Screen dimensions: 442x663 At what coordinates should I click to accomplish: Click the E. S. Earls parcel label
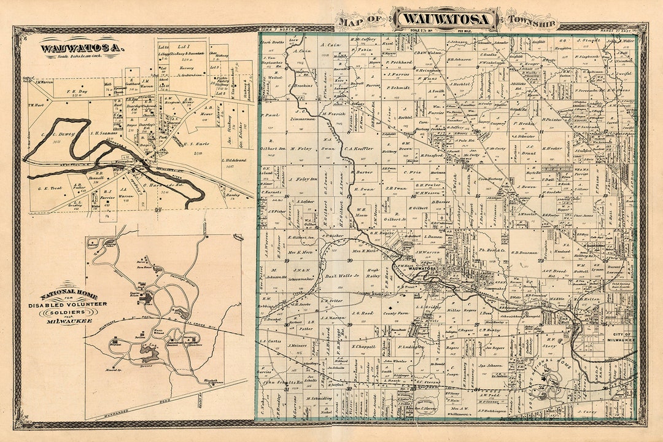coord(196,145)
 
